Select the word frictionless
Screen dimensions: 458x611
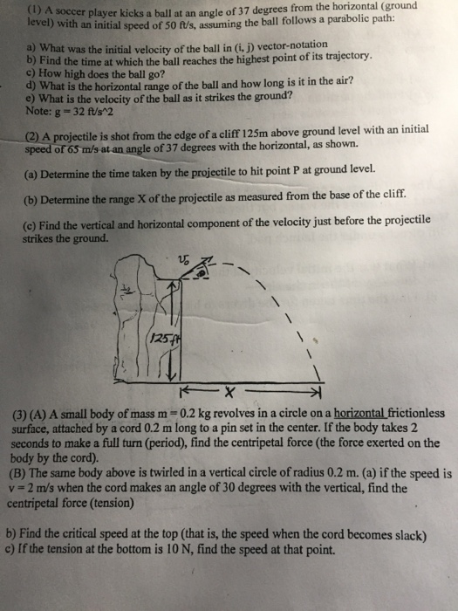point(410,412)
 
